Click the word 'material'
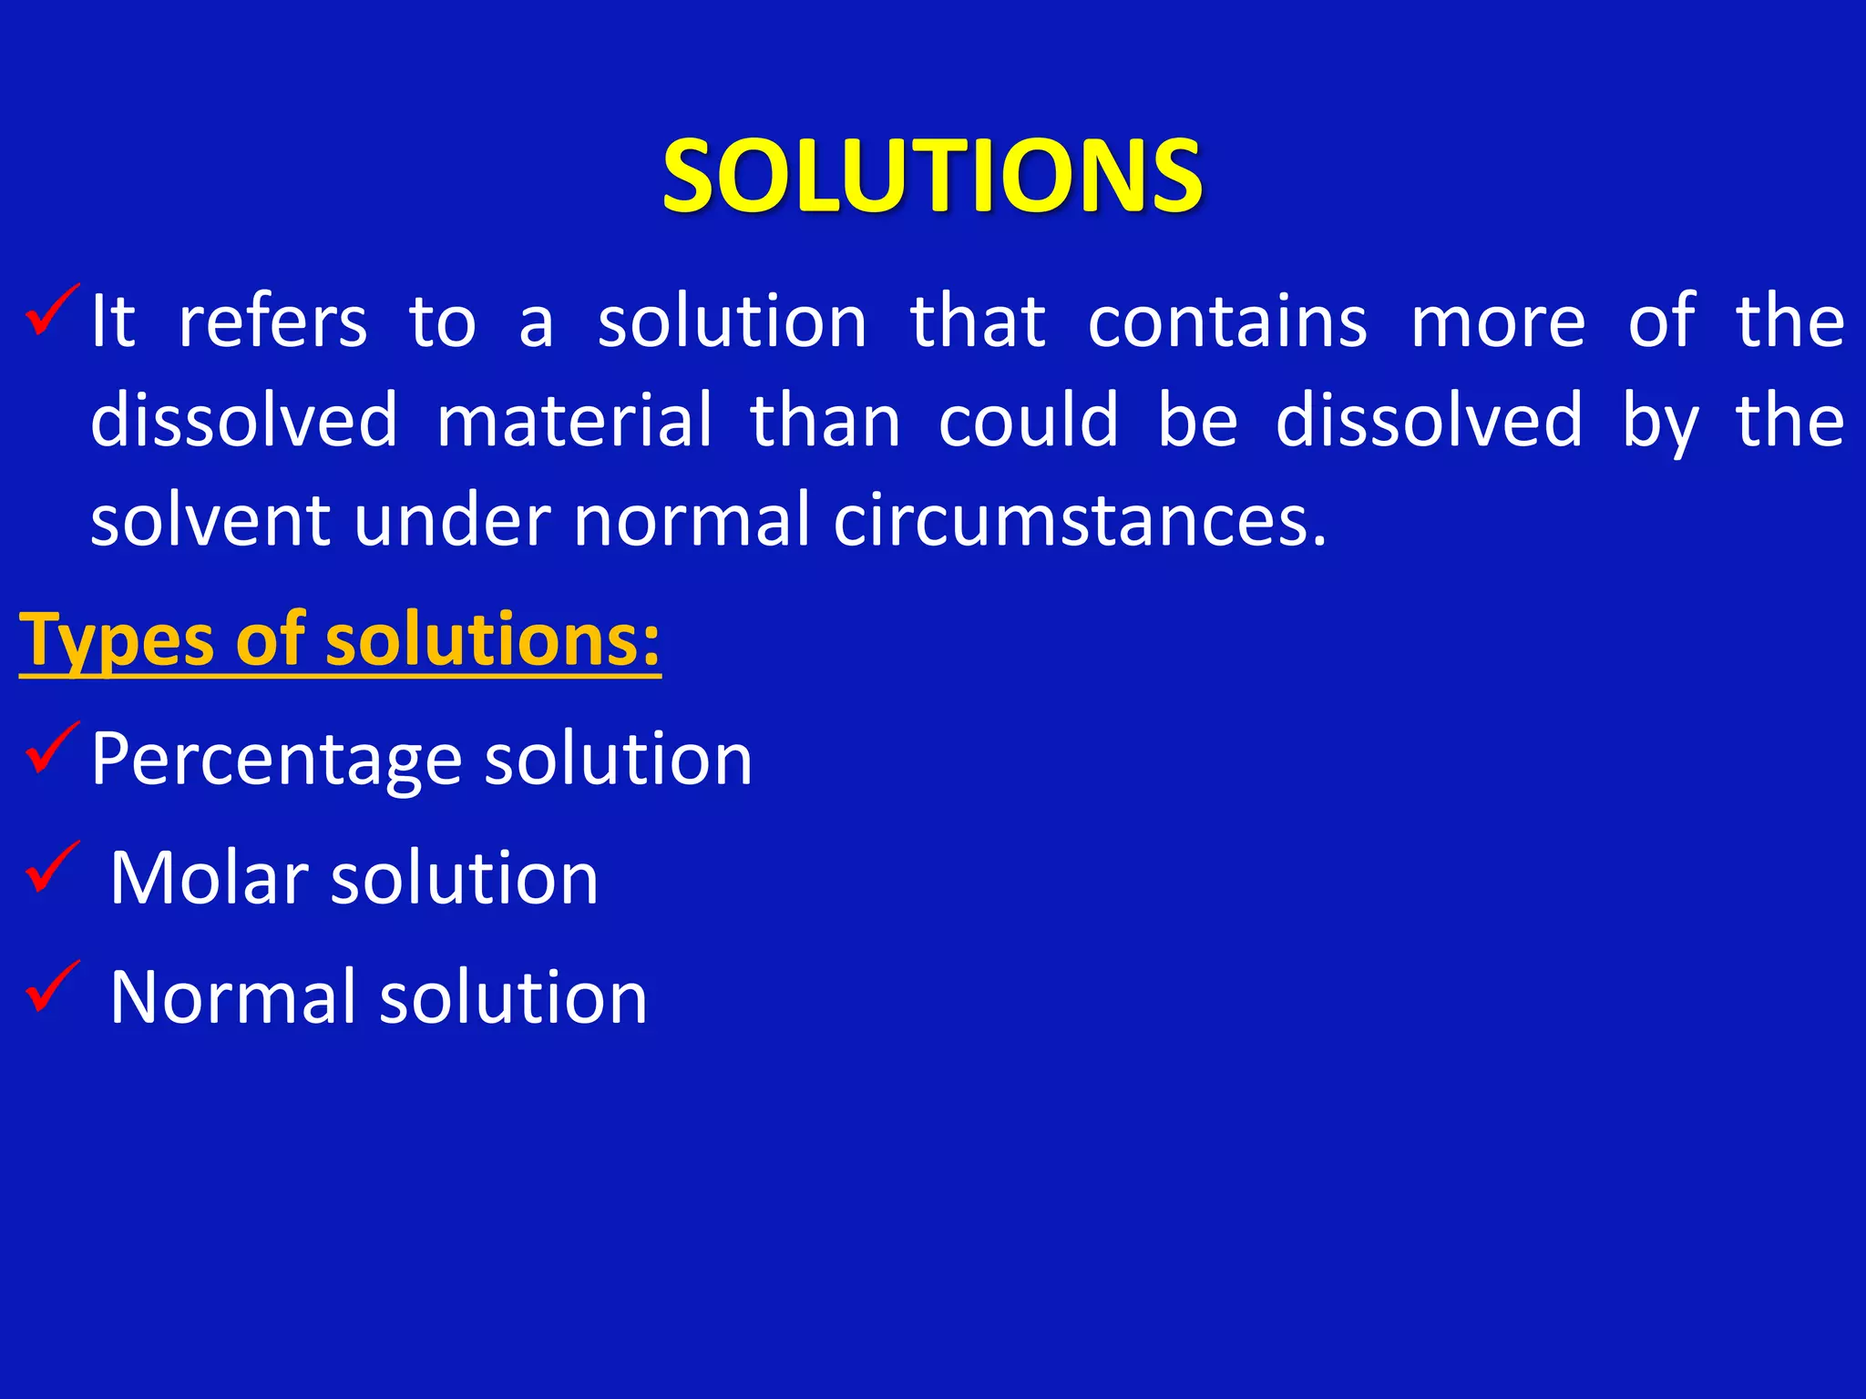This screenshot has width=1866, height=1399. tap(574, 420)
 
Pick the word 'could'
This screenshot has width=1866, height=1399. tap(1028, 420)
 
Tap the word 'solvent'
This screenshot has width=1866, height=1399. tap(210, 520)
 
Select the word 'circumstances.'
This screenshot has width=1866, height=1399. tap(1081, 520)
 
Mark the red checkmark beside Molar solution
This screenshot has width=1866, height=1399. tap(52, 866)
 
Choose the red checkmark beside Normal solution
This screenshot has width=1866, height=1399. tap(52, 985)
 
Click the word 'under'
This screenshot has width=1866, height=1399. tap(452, 520)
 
